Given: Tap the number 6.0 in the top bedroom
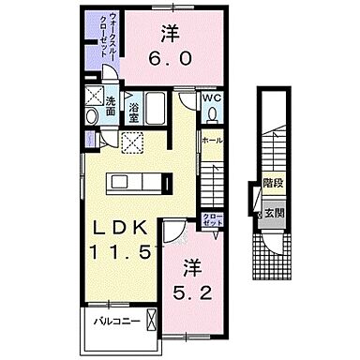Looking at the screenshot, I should point(169,58).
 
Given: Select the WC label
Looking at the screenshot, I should point(212,97).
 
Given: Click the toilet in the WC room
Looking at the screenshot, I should point(213,114).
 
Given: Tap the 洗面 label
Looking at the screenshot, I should point(111,106).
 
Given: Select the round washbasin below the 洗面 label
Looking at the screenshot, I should point(92,116).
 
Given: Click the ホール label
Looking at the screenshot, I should point(212,140).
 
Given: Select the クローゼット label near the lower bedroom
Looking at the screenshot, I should point(213,221).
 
